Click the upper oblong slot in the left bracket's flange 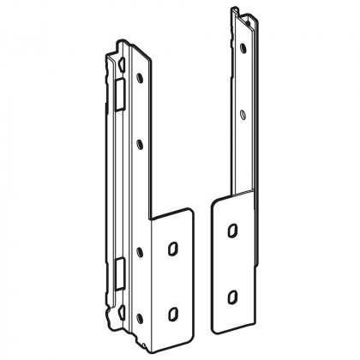click(172, 247)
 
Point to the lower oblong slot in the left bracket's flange click(173, 311)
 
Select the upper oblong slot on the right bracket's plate click(231, 231)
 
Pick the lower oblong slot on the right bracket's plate click(232, 297)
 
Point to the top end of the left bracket click(120, 41)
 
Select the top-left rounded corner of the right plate click(213, 199)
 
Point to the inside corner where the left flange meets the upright click(153, 222)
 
